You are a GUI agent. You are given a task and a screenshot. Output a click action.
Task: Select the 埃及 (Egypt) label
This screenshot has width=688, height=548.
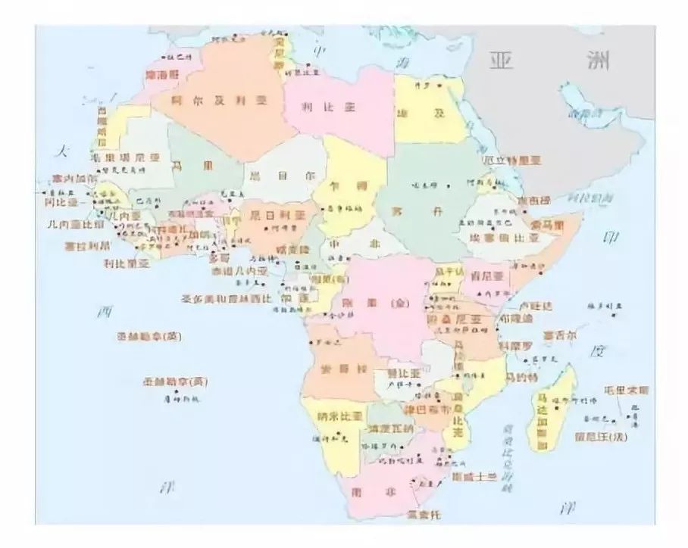click(429, 113)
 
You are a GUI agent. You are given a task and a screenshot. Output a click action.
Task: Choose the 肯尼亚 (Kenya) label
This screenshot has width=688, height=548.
click(488, 276)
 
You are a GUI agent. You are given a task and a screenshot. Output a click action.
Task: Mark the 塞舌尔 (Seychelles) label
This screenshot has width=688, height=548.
click(559, 334)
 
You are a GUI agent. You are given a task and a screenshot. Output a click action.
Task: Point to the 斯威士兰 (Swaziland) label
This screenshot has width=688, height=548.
click(474, 476)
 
